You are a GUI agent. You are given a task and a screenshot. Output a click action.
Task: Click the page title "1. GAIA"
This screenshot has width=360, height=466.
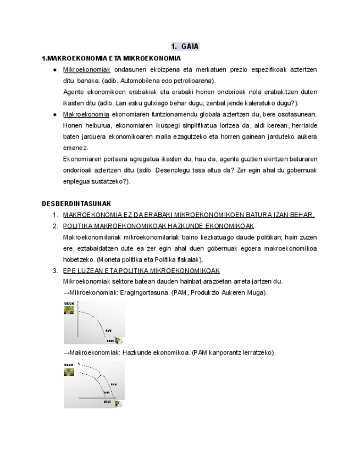click(185, 46)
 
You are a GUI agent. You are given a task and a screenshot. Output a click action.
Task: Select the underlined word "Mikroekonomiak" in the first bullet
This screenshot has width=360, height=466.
click(87, 70)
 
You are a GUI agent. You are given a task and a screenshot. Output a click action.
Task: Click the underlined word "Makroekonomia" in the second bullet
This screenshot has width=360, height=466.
click(86, 114)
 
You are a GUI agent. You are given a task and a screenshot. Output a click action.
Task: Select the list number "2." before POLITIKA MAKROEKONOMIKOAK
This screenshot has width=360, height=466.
click(55, 226)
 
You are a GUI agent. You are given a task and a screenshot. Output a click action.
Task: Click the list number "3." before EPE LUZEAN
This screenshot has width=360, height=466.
click(55, 270)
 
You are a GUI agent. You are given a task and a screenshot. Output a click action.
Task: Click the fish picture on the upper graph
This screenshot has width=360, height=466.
click(69, 310)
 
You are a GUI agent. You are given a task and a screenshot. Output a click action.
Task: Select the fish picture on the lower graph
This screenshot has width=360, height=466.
click(69, 372)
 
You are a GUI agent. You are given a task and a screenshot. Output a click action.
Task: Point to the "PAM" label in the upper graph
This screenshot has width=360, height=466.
click(108, 330)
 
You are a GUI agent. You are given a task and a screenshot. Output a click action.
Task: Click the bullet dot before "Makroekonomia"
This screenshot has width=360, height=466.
click(55, 114)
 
